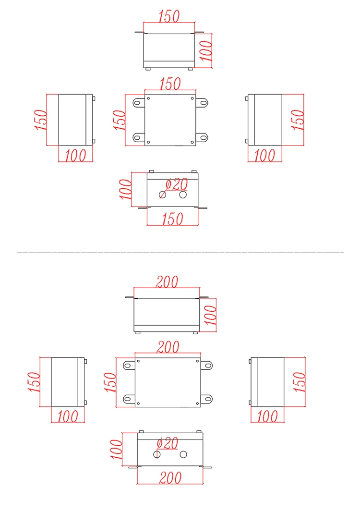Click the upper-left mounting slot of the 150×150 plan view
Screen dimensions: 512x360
click(x=138, y=102)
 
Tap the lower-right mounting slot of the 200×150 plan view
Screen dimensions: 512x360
click(x=208, y=398)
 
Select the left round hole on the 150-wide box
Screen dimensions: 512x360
click(x=163, y=195)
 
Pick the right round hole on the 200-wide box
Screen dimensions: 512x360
click(x=183, y=454)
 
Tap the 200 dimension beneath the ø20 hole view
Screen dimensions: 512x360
click(x=170, y=477)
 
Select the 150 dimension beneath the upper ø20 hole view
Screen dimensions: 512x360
click(x=172, y=219)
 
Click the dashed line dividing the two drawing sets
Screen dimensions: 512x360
click(x=180, y=252)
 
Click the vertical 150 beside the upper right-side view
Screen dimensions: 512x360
click(x=298, y=120)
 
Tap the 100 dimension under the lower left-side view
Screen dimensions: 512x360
click(x=68, y=416)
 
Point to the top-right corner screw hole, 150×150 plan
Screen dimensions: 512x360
click(x=192, y=99)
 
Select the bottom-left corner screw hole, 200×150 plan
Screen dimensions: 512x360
click(x=138, y=402)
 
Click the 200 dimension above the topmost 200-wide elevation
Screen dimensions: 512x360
click(x=167, y=281)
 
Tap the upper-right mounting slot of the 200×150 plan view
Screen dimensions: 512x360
click(x=208, y=366)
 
